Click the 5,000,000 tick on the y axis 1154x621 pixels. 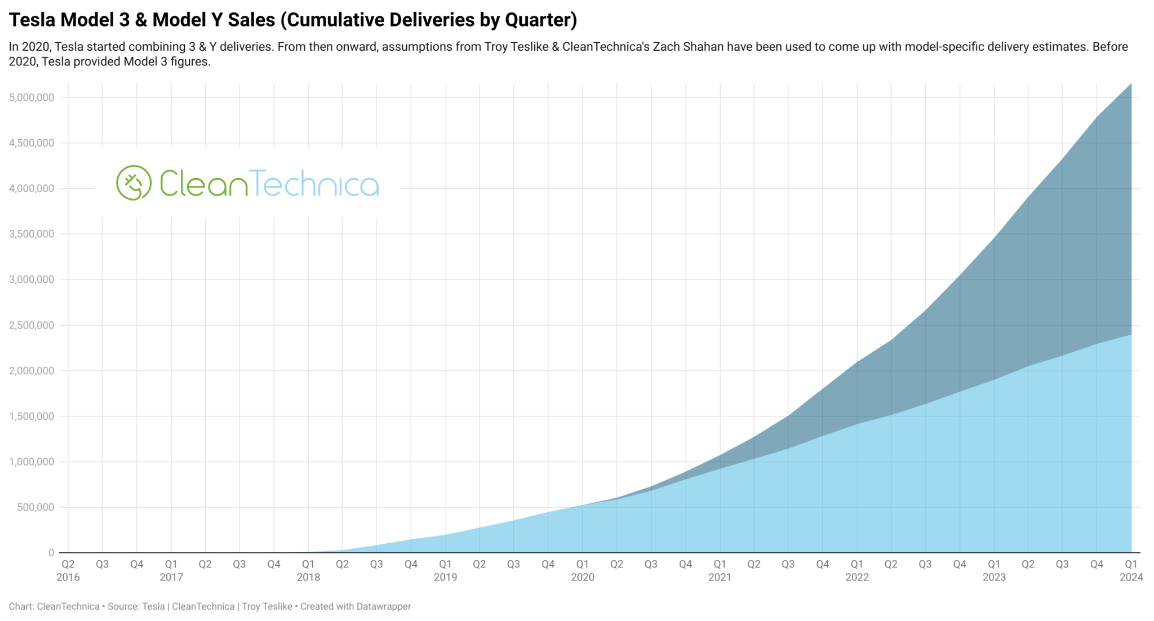pyautogui.click(x=32, y=97)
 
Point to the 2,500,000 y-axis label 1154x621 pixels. pyautogui.click(x=32, y=325)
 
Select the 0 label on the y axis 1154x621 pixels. pyautogui.click(x=51, y=553)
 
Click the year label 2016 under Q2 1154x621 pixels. pyautogui.click(x=68, y=577)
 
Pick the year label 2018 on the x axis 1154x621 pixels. pyautogui.click(x=308, y=577)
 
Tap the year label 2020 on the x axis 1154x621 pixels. pyautogui.click(x=582, y=577)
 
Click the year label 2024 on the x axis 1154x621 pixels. pyautogui.click(x=1131, y=577)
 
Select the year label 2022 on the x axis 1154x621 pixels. pyautogui.click(x=856, y=577)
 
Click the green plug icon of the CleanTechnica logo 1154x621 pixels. pyautogui.click(x=134, y=183)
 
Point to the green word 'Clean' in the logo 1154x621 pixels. pyautogui.click(x=203, y=184)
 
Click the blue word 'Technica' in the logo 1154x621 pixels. pyautogui.click(x=314, y=184)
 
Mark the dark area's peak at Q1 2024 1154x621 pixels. pyautogui.click(x=1130, y=85)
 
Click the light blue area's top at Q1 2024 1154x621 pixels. pyautogui.click(x=1130, y=335)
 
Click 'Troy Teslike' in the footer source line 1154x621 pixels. pyautogui.click(x=267, y=606)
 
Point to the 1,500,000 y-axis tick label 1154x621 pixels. pyautogui.click(x=32, y=416)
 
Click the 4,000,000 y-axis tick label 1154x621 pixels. pyautogui.click(x=32, y=188)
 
